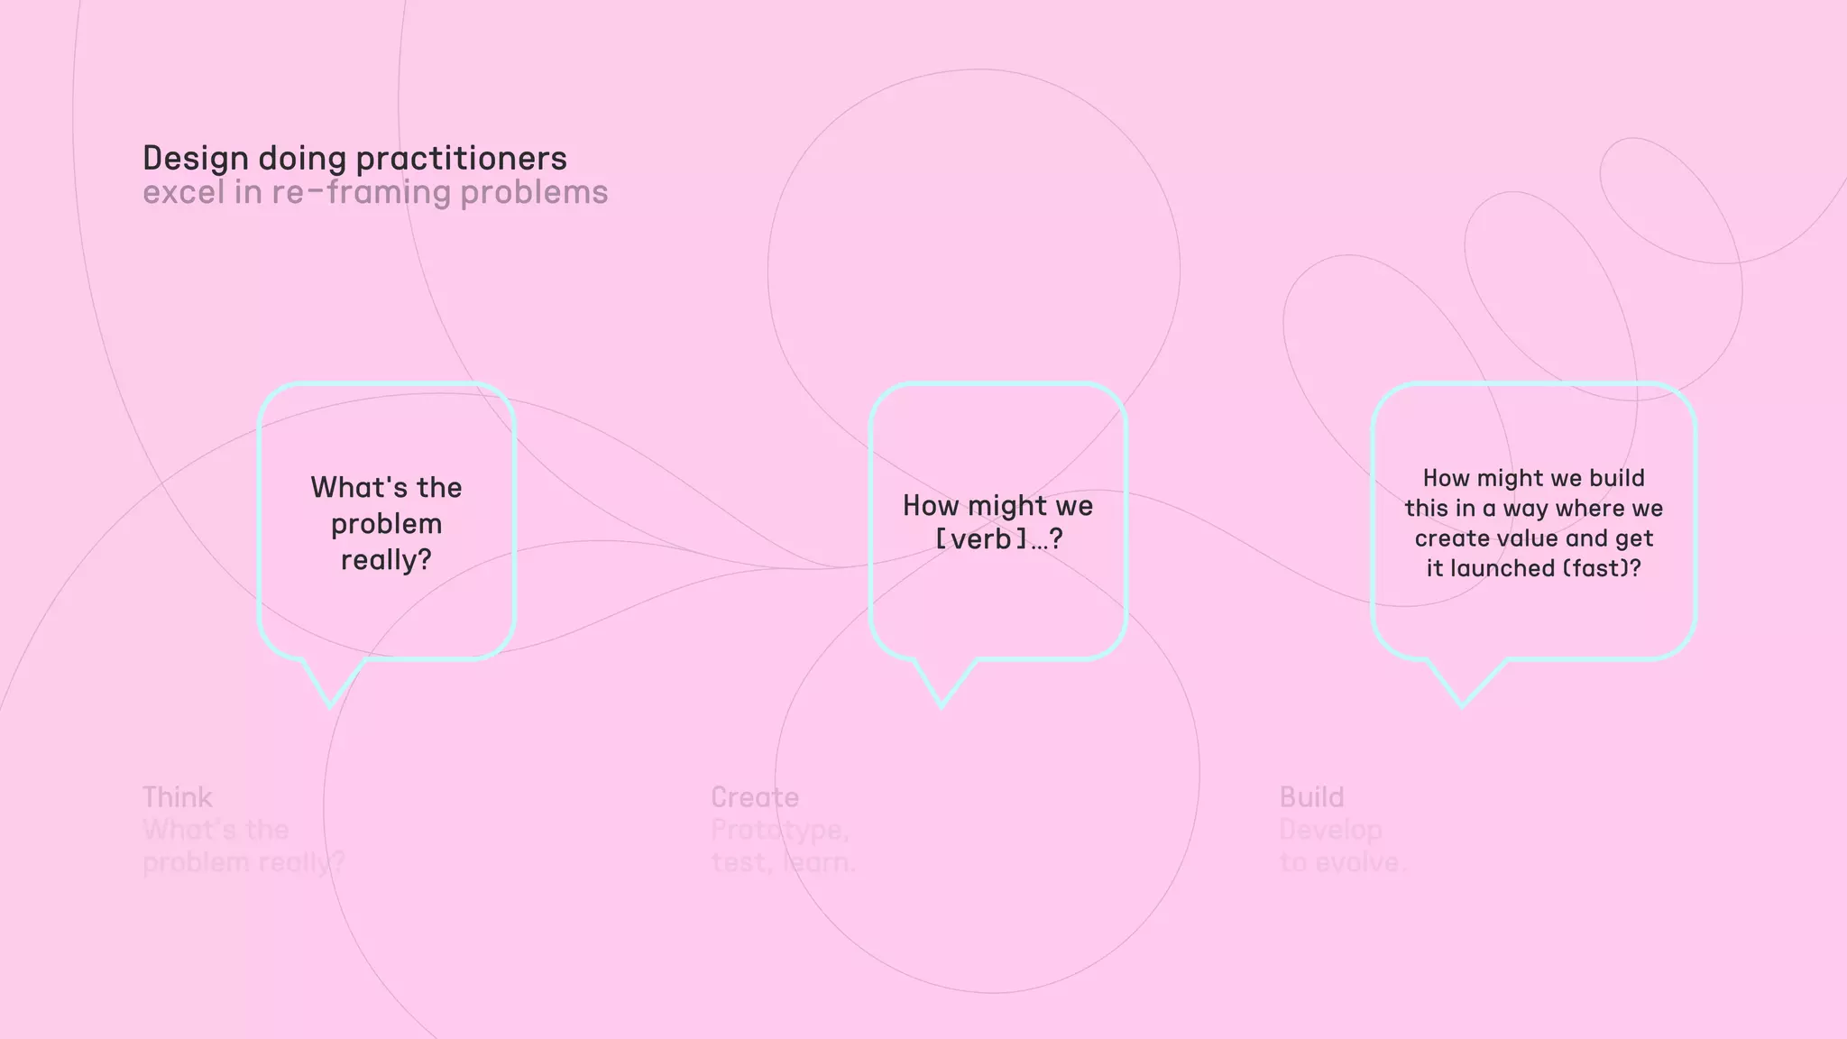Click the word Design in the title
click(196, 159)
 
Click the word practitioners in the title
click(461, 160)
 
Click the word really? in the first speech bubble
click(386, 560)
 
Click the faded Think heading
click(178, 797)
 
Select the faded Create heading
click(755, 797)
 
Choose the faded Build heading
click(1311, 797)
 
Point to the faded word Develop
click(1330, 831)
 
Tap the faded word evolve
click(1360, 863)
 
